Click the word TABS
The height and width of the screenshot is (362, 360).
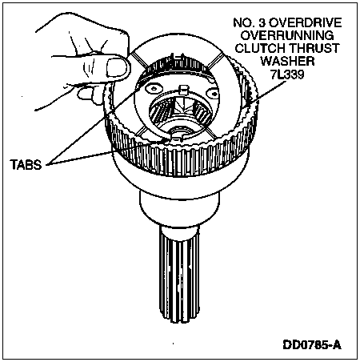point(26,164)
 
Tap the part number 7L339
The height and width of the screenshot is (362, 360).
point(287,74)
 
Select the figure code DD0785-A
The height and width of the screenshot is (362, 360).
point(312,344)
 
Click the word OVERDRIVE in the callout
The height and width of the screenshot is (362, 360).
point(306,22)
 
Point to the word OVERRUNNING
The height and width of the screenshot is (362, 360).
point(287,35)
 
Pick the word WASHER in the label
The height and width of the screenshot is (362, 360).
point(287,61)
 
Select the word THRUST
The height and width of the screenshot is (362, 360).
point(315,48)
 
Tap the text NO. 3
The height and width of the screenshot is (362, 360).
point(250,22)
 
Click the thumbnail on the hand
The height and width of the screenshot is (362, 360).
point(117,67)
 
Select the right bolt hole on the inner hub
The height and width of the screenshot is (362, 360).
point(214,94)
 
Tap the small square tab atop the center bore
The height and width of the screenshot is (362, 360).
point(184,90)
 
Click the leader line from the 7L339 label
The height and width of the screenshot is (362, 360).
point(267,91)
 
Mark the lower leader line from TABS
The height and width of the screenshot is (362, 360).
point(106,151)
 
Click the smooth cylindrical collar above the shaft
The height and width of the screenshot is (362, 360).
point(180,210)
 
